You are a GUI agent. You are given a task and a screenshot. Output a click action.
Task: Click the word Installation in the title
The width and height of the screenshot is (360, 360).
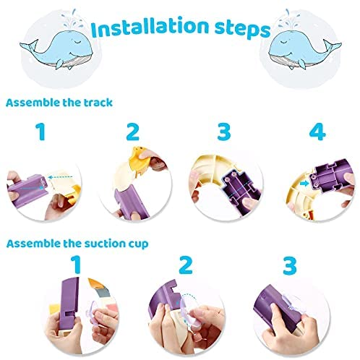tap(150, 27)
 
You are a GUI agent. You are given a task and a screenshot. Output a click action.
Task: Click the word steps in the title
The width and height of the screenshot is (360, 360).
tap(242, 31)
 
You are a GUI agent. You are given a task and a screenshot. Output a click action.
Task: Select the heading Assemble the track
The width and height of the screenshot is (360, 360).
tap(59, 103)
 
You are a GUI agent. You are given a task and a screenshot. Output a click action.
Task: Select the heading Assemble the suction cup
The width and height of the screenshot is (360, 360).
tap(77, 244)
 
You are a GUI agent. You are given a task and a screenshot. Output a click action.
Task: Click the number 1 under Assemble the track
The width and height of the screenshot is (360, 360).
tap(40, 132)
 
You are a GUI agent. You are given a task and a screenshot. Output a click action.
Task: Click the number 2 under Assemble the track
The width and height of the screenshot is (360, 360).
tap(133, 132)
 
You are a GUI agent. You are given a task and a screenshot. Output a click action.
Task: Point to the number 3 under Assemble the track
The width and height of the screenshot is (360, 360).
tap(224, 132)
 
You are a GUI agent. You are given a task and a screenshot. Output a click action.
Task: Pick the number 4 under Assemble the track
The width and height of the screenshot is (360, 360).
tap(317, 132)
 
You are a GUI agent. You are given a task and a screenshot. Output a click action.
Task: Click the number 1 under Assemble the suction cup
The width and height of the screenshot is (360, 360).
tap(76, 265)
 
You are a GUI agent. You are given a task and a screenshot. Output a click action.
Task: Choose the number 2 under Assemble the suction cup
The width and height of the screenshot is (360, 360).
tap(186, 265)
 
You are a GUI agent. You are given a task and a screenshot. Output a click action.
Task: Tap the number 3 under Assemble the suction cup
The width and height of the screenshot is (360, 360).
tap(289, 265)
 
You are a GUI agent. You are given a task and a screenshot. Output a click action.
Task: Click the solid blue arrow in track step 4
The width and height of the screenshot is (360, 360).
tap(304, 184)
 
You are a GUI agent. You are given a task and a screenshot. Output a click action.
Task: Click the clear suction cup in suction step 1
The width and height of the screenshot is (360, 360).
tap(92, 313)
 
